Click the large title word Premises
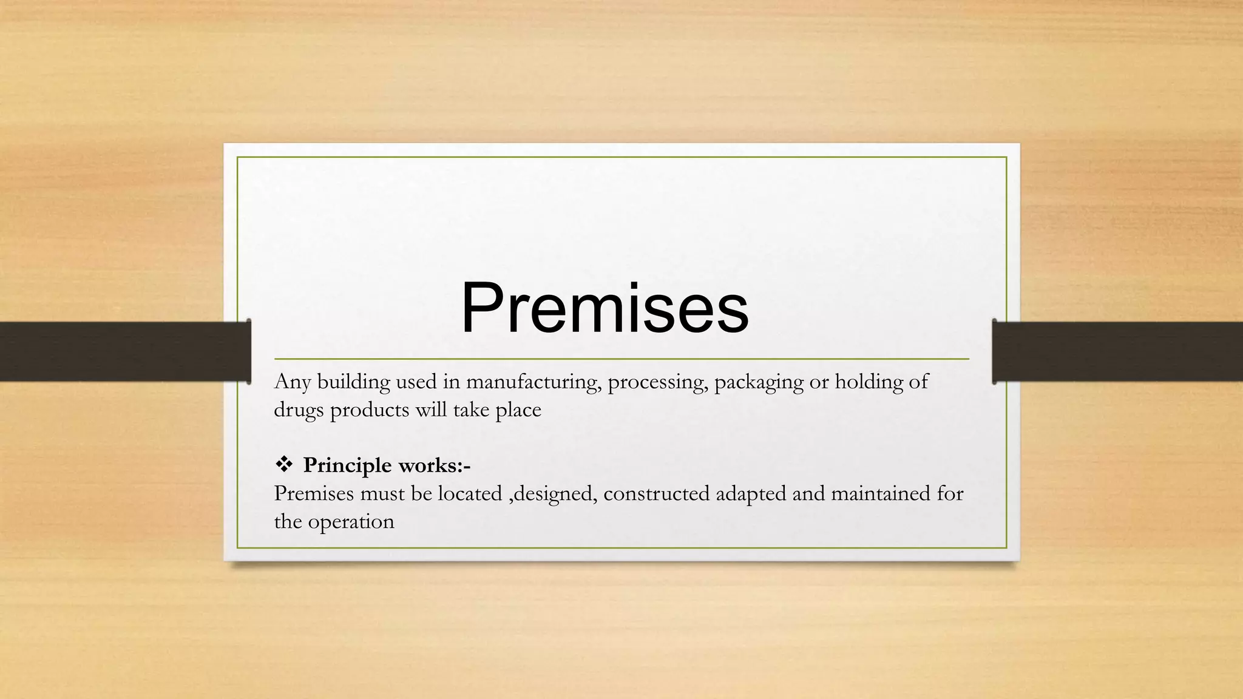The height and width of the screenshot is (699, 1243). coord(605,308)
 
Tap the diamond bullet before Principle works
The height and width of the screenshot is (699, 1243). coord(283,465)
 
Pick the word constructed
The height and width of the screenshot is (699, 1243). coord(657,493)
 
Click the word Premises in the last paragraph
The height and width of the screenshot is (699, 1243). coord(314,493)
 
